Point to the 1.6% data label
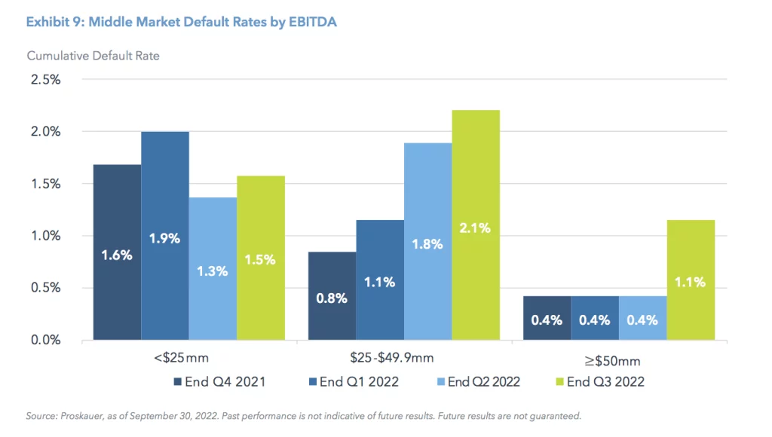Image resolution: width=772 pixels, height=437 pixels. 117,255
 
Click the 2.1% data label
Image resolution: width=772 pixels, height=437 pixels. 476,228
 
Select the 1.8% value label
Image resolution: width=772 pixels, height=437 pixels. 427,243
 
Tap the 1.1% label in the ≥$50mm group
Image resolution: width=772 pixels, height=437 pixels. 691,282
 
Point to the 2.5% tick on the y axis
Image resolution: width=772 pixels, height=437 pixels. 45,79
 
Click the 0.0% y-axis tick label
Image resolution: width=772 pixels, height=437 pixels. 45,340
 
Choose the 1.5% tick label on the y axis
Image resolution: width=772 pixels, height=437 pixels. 45,184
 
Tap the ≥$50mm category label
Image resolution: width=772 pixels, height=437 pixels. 619,359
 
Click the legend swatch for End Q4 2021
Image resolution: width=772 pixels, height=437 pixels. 178,382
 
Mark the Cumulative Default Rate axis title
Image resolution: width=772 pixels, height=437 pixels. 93,56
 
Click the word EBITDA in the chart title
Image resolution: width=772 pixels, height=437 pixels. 308,22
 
